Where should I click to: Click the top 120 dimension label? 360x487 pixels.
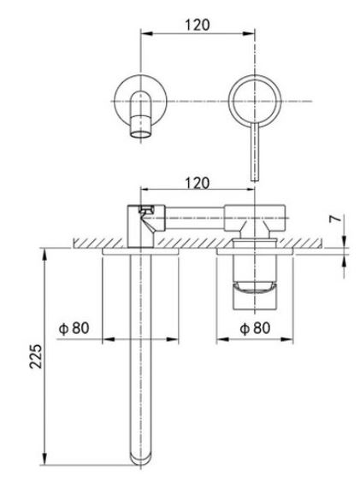[198, 25]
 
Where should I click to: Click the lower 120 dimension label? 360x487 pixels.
[198, 183]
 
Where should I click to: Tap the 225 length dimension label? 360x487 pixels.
[36, 356]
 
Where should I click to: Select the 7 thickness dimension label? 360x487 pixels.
[336, 219]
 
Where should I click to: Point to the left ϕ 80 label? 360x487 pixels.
[74, 328]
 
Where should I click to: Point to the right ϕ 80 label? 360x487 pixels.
[255, 328]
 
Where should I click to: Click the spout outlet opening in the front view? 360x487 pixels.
[141, 134]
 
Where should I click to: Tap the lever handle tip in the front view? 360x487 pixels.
[255, 179]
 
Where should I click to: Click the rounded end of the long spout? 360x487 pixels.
[140, 461]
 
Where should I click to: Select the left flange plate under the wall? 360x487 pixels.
[140, 251]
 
